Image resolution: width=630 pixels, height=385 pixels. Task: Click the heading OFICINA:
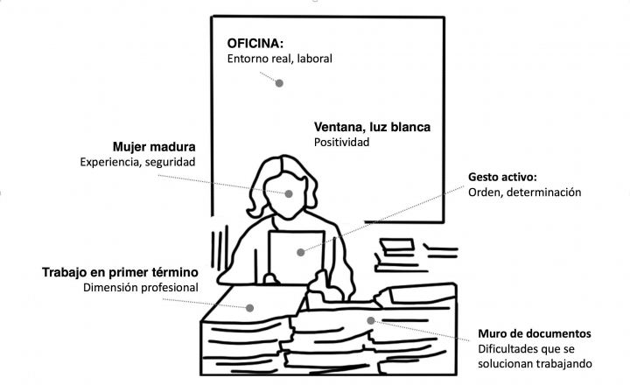[x=256, y=43]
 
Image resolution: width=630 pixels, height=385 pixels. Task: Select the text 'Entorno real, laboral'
[x=280, y=59]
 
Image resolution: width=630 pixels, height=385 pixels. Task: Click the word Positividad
[x=342, y=142]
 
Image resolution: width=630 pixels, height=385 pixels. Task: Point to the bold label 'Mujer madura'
[x=154, y=146]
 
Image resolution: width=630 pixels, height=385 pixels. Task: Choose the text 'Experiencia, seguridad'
[x=137, y=162]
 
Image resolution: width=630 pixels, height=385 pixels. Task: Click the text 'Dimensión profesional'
[x=141, y=287]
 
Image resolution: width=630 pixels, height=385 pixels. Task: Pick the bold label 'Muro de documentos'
[x=535, y=334]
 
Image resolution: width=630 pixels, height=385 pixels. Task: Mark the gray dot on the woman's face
[x=289, y=193]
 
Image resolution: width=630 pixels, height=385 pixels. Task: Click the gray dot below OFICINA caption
[x=280, y=83]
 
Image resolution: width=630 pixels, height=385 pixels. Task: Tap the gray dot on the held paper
[x=300, y=252]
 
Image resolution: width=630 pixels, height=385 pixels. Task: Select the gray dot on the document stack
[x=372, y=321]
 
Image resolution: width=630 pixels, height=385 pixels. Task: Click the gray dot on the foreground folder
[x=249, y=306]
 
